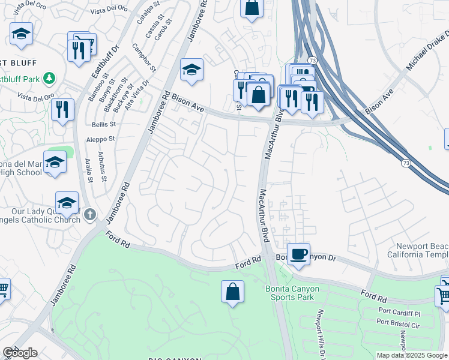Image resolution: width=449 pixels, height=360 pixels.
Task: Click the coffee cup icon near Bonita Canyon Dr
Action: click(x=298, y=253)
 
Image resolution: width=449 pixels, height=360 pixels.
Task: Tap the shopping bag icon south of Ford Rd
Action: click(x=232, y=292)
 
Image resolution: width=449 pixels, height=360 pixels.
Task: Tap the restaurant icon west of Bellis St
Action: click(x=62, y=110)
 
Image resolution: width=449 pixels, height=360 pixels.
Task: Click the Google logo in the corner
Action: click(x=19, y=353)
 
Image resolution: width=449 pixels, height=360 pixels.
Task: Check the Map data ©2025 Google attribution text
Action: click(x=412, y=355)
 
